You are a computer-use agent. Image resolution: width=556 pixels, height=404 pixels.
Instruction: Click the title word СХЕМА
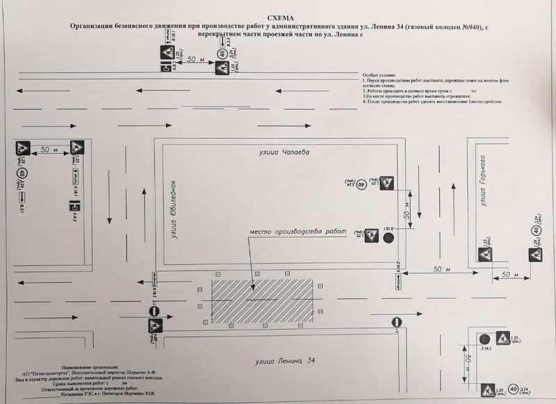click(278, 14)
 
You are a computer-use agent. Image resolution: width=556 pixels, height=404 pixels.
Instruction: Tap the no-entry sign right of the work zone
click(396, 322)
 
